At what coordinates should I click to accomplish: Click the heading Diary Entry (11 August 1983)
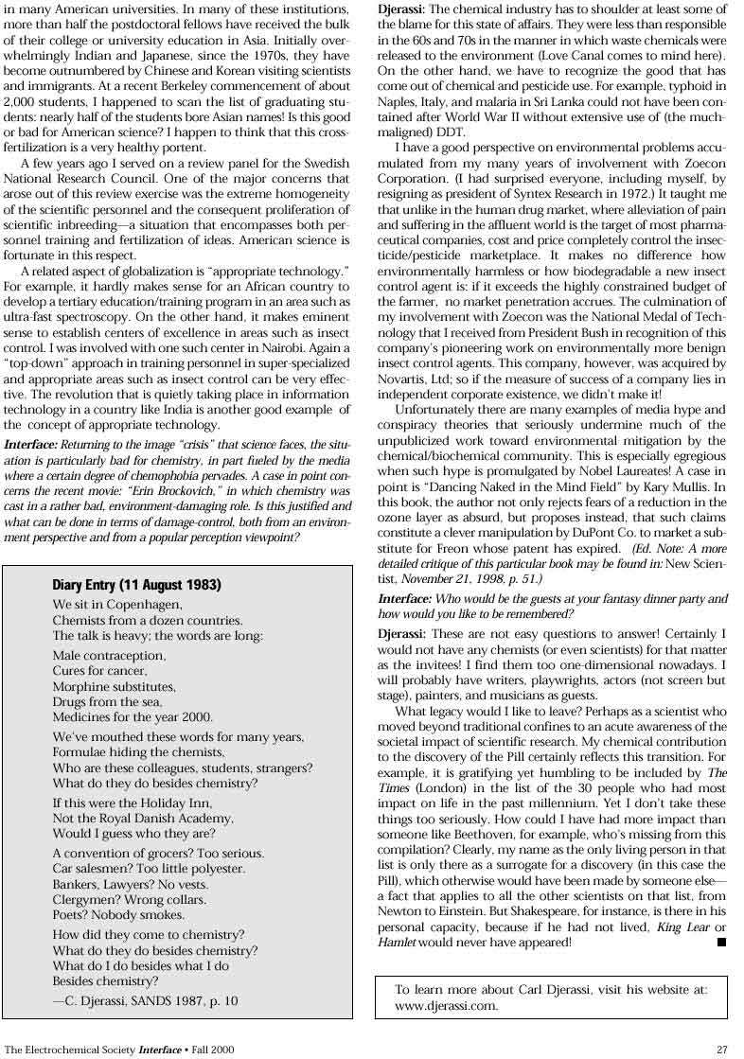click(136, 585)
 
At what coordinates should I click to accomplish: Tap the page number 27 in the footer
click(722, 1049)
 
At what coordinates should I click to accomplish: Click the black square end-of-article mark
click(721, 942)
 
